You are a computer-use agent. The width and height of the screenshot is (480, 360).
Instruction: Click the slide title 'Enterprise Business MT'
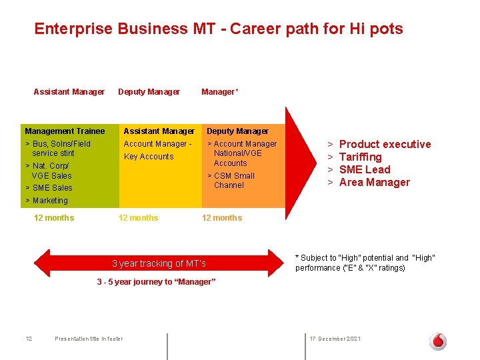(x=218, y=29)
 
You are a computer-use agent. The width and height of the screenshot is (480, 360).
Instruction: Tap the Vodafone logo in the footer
(x=438, y=341)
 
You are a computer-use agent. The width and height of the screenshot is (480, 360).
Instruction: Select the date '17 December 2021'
(x=335, y=339)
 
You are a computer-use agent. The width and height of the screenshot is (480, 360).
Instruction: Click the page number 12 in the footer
(x=29, y=339)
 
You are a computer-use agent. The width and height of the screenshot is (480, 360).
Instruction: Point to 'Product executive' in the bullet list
(x=385, y=144)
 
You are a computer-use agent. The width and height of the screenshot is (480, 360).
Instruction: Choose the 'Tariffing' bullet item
(x=360, y=157)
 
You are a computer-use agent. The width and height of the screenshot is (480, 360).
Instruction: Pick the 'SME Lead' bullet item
(x=364, y=169)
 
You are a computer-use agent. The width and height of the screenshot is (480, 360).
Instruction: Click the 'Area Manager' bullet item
(x=374, y=182)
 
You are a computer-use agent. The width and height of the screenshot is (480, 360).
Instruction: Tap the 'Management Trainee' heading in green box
(x=65, y=131)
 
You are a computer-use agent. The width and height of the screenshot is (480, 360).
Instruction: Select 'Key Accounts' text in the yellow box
(x=148, y=157)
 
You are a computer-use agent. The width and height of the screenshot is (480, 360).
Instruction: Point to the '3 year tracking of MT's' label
(x=159, y=263)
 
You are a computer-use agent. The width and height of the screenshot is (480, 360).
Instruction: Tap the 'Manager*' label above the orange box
(x=219, y=92)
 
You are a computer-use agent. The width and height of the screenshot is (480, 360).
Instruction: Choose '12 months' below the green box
(x=54, y=218)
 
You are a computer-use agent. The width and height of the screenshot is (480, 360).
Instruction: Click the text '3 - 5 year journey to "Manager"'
(x=156, y=282)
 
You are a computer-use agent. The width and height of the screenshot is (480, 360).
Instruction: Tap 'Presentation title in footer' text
(x=89, y=339)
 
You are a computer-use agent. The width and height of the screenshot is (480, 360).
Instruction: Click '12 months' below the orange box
(x=222, y=218)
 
